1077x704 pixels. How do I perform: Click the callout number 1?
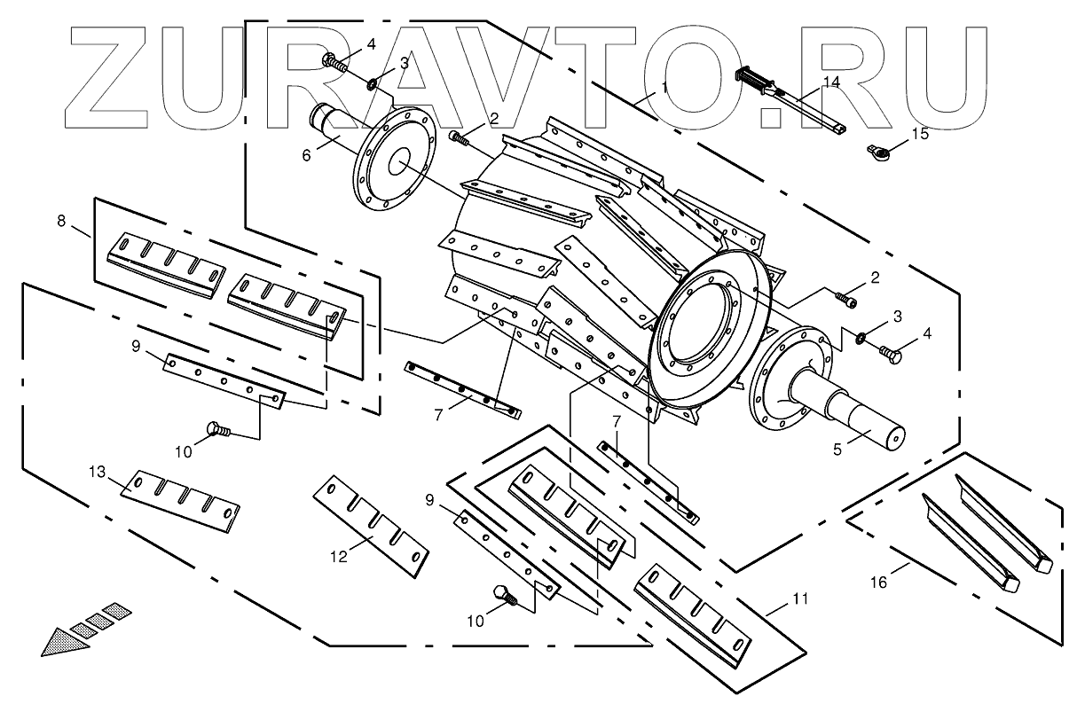664,87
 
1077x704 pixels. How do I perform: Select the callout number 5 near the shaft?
836,449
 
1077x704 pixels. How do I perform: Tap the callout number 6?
307,155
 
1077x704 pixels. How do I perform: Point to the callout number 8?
61,222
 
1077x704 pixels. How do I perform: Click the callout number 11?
800,599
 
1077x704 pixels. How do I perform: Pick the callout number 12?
339,556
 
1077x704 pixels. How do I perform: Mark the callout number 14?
830,82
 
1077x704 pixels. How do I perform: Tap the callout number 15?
921,134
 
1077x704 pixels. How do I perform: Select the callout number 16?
878,582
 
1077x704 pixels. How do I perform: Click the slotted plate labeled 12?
373,524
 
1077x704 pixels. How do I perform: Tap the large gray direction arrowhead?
64,638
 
